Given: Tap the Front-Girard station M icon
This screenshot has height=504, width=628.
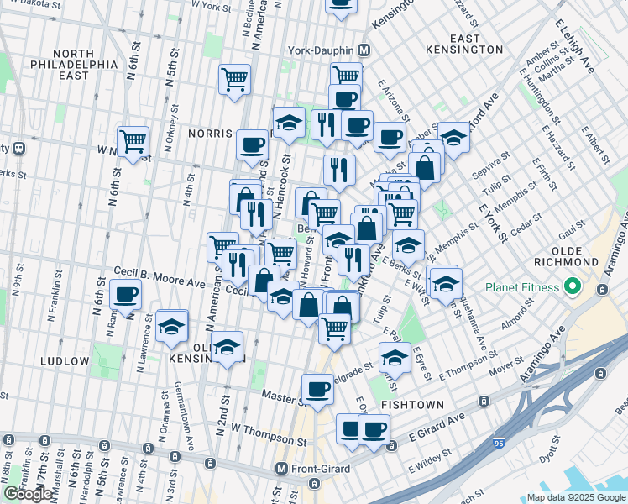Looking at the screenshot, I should [282, 468].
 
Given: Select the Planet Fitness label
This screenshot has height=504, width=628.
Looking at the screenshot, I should [521, 287].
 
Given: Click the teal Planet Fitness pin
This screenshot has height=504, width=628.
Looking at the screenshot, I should [573, 287].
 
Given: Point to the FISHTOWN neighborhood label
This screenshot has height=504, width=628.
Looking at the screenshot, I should [407, 404].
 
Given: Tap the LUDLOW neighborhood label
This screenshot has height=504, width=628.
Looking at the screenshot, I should [64, 361].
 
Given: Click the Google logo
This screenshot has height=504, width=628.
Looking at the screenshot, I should [28, 493].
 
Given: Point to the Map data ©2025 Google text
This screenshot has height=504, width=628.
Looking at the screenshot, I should [576, 498].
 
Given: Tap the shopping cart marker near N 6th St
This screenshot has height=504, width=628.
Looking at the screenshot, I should [133, 141].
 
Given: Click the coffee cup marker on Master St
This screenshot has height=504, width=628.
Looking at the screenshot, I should [317, 389].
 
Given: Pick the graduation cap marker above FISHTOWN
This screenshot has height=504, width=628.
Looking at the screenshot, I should [394, 358].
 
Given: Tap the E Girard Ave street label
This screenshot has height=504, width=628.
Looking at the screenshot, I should [437, 428].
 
